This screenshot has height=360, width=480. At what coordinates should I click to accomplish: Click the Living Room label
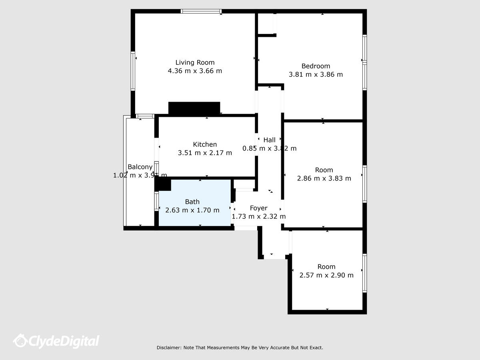(x=195, y=62)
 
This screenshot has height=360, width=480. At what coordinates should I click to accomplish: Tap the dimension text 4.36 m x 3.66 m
(x=195, y=71)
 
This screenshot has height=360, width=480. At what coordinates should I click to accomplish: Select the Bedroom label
(x=316, y=66)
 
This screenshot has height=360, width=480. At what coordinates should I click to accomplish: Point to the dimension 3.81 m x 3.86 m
(x=316, y=74)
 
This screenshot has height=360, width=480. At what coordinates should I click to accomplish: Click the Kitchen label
(x=205, y=144)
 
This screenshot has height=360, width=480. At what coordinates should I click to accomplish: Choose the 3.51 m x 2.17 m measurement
(x=205, y=153)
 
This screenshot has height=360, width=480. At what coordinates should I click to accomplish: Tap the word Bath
(x=192, y=202)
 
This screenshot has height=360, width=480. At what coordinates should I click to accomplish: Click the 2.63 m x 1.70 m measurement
(x=192, y=210)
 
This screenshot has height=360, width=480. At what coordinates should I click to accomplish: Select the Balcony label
(x=140, y=167)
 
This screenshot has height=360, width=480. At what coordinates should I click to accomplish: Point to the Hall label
(x=269, y=140)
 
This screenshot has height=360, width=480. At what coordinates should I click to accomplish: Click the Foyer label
(x=258, y=208)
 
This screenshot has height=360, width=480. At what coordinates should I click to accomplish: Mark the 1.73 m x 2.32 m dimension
(x=258, y=217)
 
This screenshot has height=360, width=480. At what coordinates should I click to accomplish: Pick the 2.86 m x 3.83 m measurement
(x=324, y=178)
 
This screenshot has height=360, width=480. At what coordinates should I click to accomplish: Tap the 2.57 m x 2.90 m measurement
(x=326, y=275)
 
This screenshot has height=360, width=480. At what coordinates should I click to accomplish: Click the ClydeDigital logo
(x=56, y=341)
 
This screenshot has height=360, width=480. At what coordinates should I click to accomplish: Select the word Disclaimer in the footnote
(x=168, y=348)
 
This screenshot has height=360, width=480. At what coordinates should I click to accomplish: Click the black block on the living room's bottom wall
(x=194, y=108)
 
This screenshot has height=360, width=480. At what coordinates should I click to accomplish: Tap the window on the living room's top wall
(x=201, y=11)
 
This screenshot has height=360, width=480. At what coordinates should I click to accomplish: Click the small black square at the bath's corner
(x=163, y=184)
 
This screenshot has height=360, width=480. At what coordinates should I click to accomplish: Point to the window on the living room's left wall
(x=133, y=71)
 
